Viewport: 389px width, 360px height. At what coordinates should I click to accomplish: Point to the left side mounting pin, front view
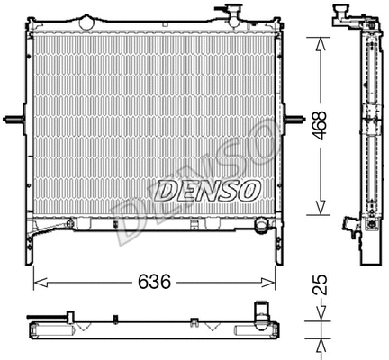[12, 120]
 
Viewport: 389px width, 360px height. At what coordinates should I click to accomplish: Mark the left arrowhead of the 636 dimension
[39, 282]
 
